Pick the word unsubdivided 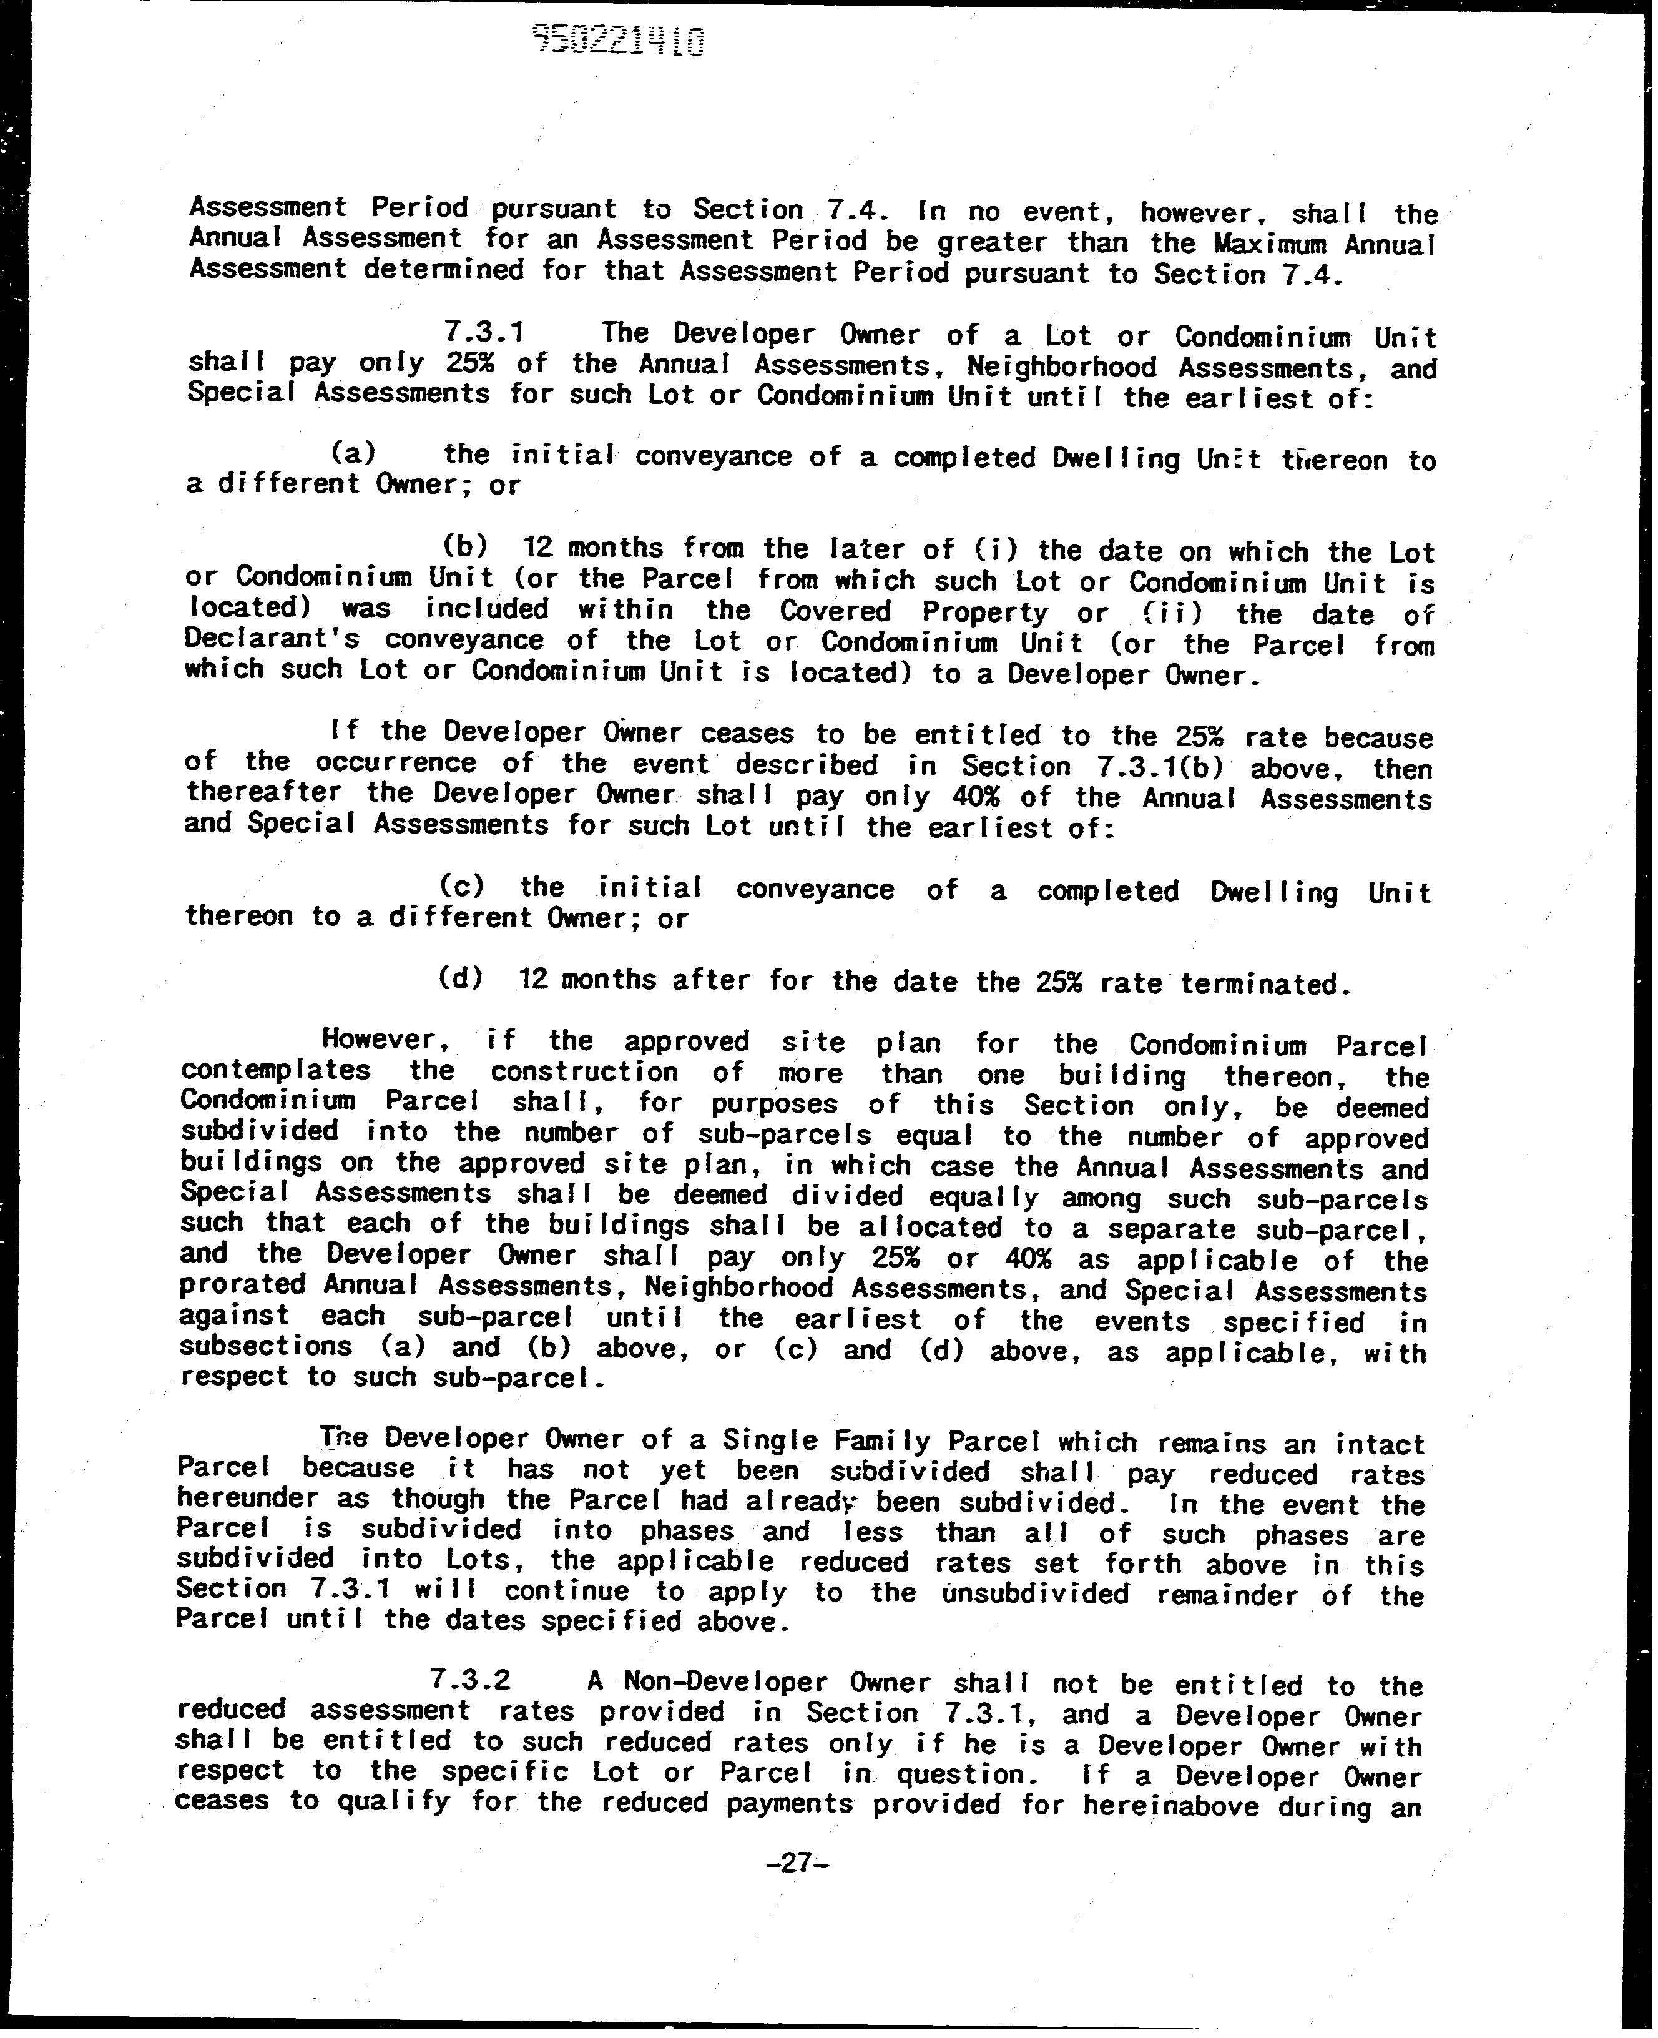[x=1035, y=1592]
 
